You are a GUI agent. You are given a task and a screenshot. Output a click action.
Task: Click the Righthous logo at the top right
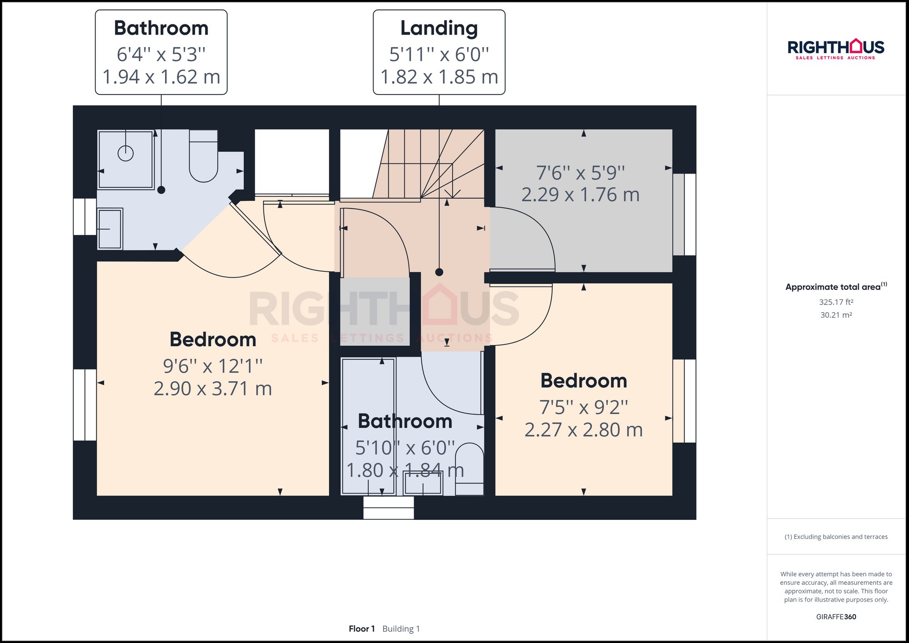point(835,49)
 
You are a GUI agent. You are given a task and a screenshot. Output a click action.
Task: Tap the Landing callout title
point(439,28)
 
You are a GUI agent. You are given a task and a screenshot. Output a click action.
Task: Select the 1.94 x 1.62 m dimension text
point(161,77)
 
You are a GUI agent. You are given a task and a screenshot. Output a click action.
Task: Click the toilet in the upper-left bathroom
point(203,157)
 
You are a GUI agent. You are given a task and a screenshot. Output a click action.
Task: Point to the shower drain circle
point(125,153)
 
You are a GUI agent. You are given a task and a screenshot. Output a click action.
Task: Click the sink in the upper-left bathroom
point(110,229)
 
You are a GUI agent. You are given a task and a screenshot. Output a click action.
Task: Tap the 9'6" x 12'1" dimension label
point(213,366)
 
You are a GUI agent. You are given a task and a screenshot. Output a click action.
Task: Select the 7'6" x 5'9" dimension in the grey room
point(580,173)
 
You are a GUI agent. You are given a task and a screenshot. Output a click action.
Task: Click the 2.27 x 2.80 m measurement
point(584,430)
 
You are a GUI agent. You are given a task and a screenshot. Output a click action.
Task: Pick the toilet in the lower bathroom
point(469,468)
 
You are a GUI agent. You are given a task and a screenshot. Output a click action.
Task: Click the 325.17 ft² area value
point(836,302)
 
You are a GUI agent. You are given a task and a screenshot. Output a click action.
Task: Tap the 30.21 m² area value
point(836,315)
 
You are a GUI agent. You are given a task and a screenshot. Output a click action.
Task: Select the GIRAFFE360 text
point(836,617)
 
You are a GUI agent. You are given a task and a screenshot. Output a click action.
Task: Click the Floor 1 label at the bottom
point(362,628)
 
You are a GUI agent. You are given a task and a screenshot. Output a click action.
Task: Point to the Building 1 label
point(401,628)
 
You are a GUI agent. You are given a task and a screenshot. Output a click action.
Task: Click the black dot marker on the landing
point(439,272)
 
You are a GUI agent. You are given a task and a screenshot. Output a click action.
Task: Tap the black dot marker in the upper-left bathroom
point(161,190)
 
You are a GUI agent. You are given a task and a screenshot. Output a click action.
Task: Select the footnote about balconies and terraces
point(836,537)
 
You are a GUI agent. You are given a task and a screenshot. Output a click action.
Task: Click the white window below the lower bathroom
point(389,508)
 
